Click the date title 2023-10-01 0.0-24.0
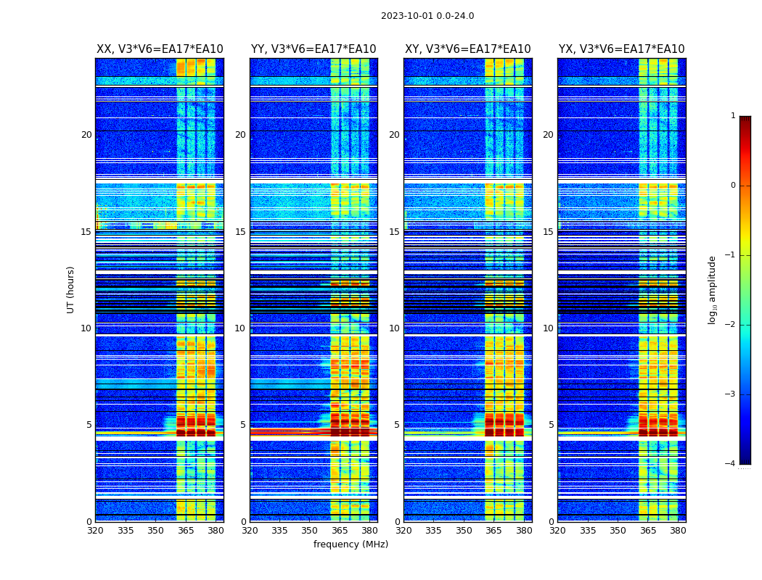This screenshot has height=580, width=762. [x=427, y=16]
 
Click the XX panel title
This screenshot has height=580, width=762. [x=160, y=49]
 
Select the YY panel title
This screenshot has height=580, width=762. [x=314, y=49]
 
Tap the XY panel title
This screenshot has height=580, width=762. [x=468, y=49]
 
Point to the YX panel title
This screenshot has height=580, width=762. [x=621, y=49]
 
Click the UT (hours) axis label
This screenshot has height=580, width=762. [x=71, y=289]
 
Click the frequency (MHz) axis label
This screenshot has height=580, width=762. [x=351, y=544]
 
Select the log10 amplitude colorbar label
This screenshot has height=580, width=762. [x=713, y=289]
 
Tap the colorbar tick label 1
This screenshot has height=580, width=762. [x=733, y=116]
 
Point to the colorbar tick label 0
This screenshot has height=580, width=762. [x=733, y=186]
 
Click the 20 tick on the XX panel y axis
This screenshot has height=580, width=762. [x=86, y=135]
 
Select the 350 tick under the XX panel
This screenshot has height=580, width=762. [x=155, y=531]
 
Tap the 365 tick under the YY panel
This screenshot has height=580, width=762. [x=340, y=531]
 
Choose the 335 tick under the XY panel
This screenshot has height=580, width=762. [x=433, y=531]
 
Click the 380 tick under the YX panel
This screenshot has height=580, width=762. [x=678, y=531]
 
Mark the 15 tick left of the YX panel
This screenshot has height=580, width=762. [x=549, y=232]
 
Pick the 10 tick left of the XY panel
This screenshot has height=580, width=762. [x=395, y=328]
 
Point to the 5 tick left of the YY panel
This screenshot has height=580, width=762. [x=243, y=425]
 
